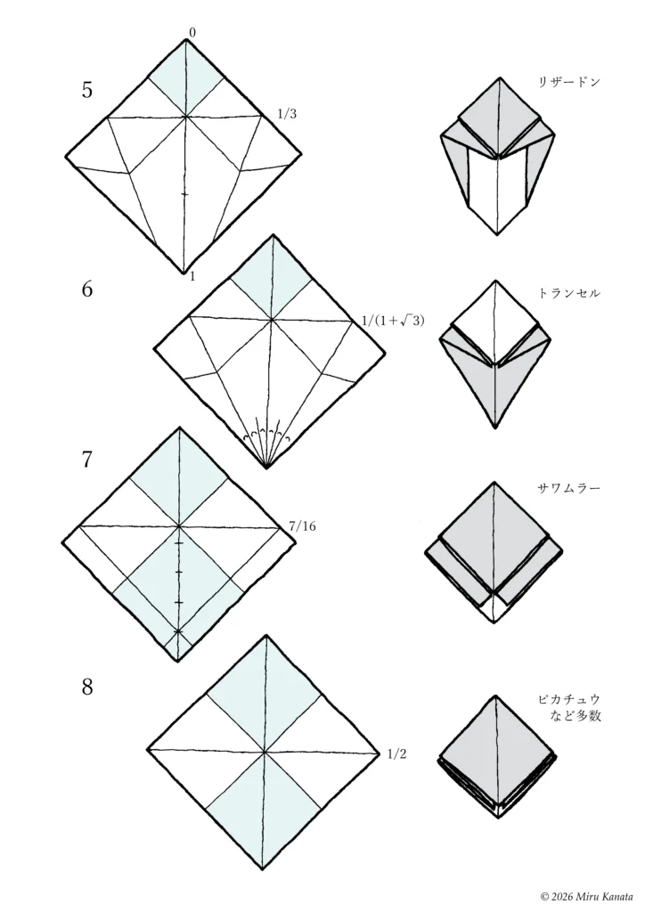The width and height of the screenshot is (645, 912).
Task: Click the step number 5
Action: [86, 90]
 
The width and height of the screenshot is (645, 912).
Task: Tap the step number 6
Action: [86, 289]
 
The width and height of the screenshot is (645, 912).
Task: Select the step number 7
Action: [86, 460]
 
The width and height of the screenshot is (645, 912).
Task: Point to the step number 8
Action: [87, 688]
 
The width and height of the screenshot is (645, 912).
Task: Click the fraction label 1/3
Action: [287, 114]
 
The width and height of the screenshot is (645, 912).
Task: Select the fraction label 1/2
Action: [396, 754]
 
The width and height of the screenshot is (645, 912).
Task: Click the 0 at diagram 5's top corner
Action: [192, 33]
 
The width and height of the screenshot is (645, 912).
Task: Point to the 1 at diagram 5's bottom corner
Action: [192, 276]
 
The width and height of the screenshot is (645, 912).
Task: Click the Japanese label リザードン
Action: [568, 82]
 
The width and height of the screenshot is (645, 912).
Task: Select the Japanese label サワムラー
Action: [568, 488]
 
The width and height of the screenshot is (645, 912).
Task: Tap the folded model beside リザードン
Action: [497, 159]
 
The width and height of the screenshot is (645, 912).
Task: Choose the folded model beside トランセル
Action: [497, 354]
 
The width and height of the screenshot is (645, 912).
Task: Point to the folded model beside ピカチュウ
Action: [496, 757]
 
